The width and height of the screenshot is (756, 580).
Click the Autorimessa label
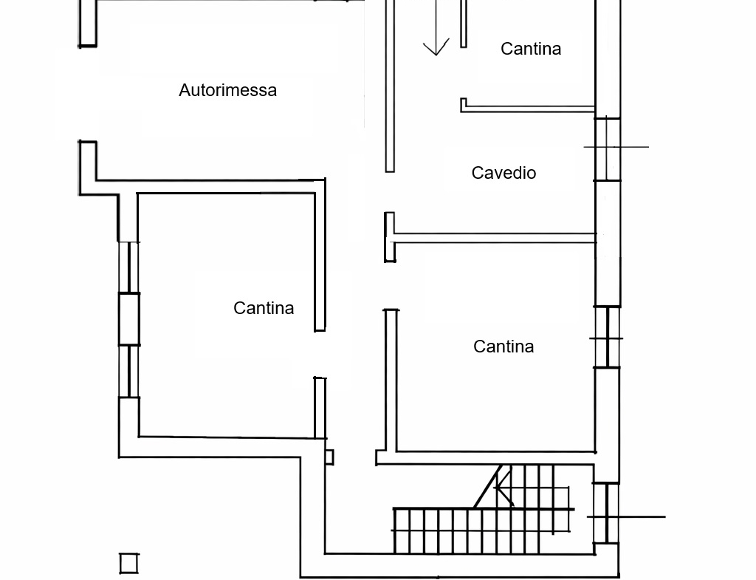pyautogui.click(x=227, y=90)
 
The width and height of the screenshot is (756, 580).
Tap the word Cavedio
pyautogui.click(x=504, y=173)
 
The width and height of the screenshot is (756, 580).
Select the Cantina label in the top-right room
pyautogui.click(x=530, y=49)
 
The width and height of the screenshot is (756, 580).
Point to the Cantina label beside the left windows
pyautogui.click(x=264, y=308)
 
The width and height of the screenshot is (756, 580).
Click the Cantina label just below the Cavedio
pyautogui.click(x=504, y=347)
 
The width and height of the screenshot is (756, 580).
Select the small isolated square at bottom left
pyautogui.click(x=129, y=563)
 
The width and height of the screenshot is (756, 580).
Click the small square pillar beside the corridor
pyautogui.click(x=329, y=457)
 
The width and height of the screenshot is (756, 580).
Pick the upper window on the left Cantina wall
pyautogui.click(x=129, y=267)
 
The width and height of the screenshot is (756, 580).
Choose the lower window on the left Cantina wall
pyautogui.click(x=129, y=371)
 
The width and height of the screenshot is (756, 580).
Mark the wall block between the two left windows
pyautogui.click(x=129, y=319)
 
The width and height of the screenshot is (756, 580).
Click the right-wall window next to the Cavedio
pyautogui.click(x=608, y=149)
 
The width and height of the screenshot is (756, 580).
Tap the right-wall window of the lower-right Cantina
pyautogui.click(x=608, y=338)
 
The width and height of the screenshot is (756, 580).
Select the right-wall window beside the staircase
pyautogui.click(x=607, y=513)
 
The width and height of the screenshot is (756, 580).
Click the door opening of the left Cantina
pyautogui.click(x=320, y=354)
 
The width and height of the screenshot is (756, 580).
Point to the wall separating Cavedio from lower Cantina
pyautogui.click(x=495, y=238)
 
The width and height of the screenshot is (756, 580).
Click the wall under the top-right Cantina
pyautogui.click(x=529, y=109)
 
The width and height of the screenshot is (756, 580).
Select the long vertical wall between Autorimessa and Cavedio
pyautogui.click(x=390, y=85)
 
